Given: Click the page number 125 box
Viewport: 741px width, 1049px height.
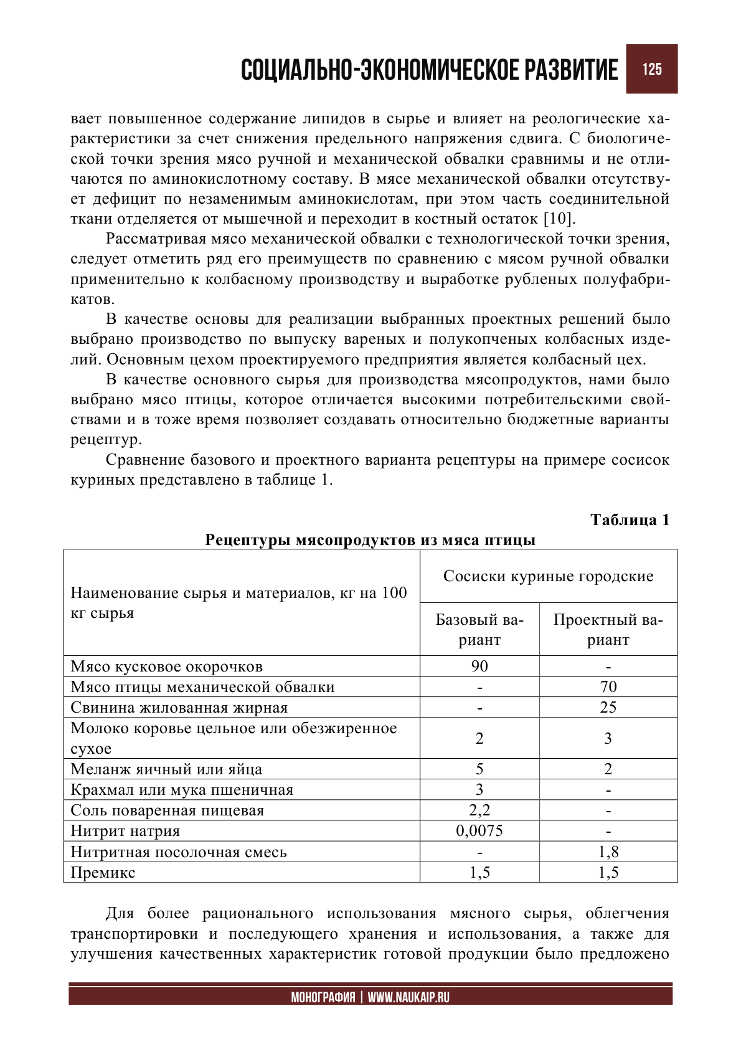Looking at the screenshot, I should (651, 69).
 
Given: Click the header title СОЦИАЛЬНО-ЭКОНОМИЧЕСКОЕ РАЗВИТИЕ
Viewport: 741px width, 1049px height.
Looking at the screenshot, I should (429, 70).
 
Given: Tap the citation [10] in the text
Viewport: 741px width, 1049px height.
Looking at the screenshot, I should (559, 219).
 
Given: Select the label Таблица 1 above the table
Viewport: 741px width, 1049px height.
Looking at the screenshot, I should (630, 520).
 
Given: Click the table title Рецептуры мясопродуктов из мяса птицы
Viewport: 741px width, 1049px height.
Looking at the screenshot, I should (370, 540).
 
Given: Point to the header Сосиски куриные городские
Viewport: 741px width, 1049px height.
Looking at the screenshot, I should (548, 576).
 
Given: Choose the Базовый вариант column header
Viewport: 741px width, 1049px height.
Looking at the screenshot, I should (479, 630).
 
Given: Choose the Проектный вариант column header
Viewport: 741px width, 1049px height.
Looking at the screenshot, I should (608, 630).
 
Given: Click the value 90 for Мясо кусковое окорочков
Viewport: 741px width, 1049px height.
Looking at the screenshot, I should (479, 667).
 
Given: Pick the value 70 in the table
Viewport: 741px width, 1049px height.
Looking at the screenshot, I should (608, 687).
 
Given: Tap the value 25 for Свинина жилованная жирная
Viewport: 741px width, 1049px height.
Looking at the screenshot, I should (608, 708).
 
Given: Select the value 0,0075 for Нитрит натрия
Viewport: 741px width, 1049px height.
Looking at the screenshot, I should (479, 831).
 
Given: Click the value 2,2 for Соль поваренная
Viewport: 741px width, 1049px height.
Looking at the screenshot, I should (479, 810).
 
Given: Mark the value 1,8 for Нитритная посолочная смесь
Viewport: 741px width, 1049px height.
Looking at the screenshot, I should (608, 852).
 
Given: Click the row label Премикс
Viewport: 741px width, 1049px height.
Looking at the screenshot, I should (103, 873).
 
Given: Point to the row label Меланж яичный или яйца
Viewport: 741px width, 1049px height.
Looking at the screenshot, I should (166, 769).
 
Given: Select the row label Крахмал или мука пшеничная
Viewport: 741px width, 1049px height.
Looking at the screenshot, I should (182, 790).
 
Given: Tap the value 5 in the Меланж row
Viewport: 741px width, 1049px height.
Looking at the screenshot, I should (479, 769).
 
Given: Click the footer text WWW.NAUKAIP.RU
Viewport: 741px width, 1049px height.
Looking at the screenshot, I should (408, 997).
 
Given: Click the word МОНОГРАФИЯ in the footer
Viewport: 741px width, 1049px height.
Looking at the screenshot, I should (323, 997).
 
